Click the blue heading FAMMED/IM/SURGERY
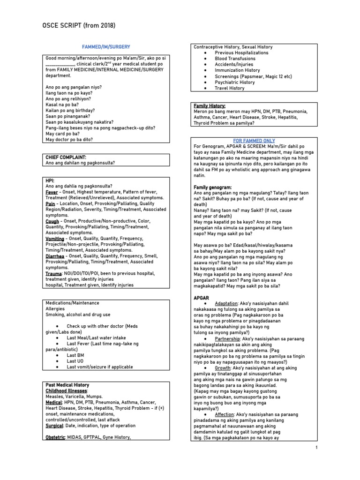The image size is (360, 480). pos(106,47)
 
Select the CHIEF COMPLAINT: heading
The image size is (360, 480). pos(66,157)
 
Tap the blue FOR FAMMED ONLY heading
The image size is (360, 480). pos(254,141)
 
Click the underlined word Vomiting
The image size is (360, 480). pos(54,239)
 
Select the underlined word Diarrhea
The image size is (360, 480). pos(55,256)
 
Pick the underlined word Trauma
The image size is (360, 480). pos(53,273)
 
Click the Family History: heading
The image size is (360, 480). pos(210,106)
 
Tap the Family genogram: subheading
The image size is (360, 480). pos(212,187)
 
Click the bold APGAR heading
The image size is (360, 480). pos(201,298)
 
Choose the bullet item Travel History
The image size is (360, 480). pos(229,88)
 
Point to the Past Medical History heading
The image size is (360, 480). pos(67,385)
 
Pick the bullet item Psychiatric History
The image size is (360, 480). pos(234,82)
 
